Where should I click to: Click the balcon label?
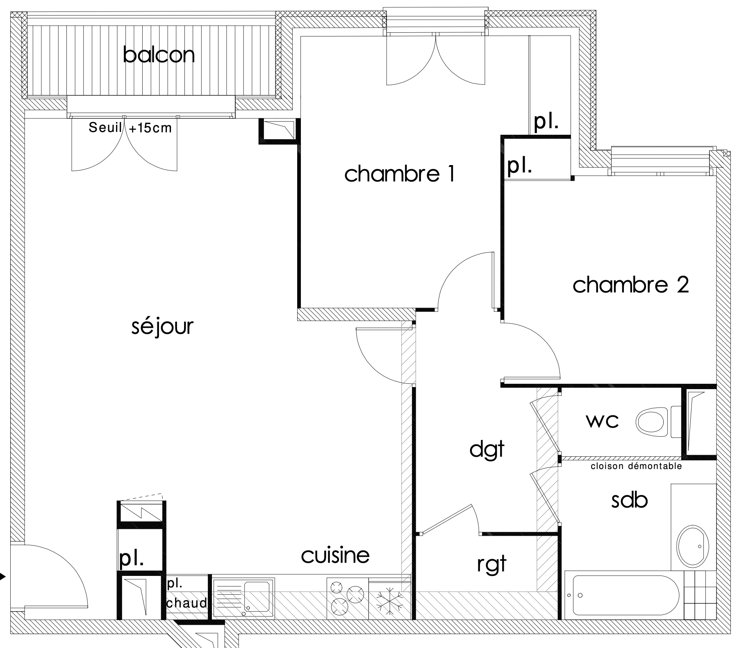[159, 55]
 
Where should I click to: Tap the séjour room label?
[162, 326]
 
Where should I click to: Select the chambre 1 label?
[400, 174]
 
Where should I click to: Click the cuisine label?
[335, 555]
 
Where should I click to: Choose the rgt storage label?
[492, 564]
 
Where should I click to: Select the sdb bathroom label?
[629, 500]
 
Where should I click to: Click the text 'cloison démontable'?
[637, 466]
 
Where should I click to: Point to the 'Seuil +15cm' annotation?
[130, 128]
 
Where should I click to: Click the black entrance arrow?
[3, 577]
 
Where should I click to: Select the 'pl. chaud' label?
[186, 594]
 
